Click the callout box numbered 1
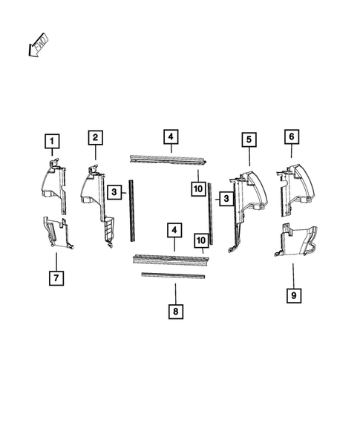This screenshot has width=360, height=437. [x=52, y=140]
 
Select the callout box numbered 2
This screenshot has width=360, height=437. [x=95, y=137]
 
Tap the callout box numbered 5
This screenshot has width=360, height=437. [x=249, y=139]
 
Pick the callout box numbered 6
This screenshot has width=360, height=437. [x=292, y=137]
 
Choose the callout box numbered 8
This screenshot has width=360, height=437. [x=175, y=312]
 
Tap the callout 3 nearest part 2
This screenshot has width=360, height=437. [x=114, y=193]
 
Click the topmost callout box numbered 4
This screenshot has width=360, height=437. [x=170, y=137]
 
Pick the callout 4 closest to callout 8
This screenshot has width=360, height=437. [x=174, y=231]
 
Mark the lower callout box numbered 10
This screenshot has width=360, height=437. [x=200, y=240]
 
